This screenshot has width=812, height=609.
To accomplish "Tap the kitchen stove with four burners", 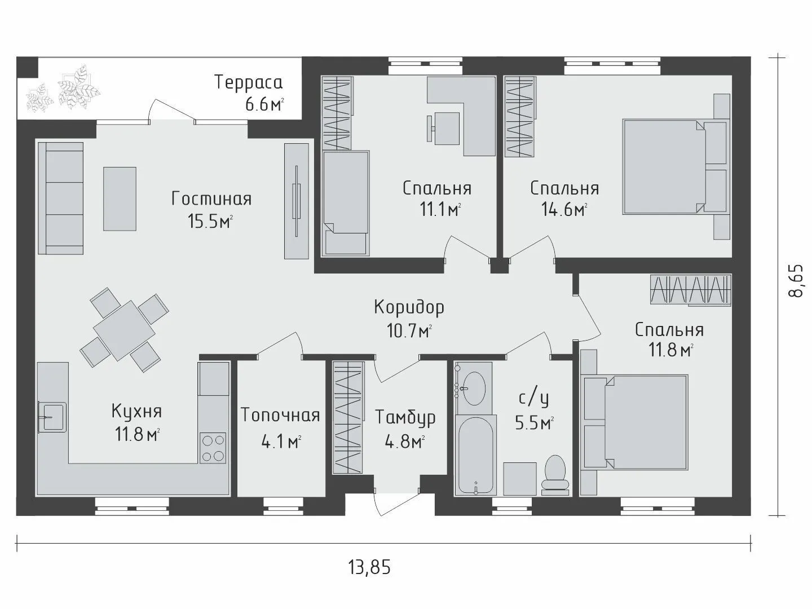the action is tap(213, 447).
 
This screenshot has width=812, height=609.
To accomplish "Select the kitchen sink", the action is tap(52, 417).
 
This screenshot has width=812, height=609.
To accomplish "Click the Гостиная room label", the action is tap(211, 199).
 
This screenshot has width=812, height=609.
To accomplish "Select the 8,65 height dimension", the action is tap(795, 280).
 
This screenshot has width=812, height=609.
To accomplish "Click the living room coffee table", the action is tap(120, 198).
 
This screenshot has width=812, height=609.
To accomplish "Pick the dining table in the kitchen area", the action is tap(123, 330).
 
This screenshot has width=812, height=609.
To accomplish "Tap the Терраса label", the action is tap(249, 82).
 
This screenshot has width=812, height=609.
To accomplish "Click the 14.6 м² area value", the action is tap(564, 209).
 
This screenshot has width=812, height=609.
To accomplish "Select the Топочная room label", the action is tap(280, 415).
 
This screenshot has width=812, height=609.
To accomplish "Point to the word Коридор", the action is tap(409, 308).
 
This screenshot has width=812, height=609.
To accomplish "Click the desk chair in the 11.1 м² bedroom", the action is tap(443, 128).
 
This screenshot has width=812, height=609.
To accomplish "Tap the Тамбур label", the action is tap(405, 417).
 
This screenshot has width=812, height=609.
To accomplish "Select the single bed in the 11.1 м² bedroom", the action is tap(346, 203).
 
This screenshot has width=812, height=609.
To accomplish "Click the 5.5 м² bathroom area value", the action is tap(534, 423).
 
